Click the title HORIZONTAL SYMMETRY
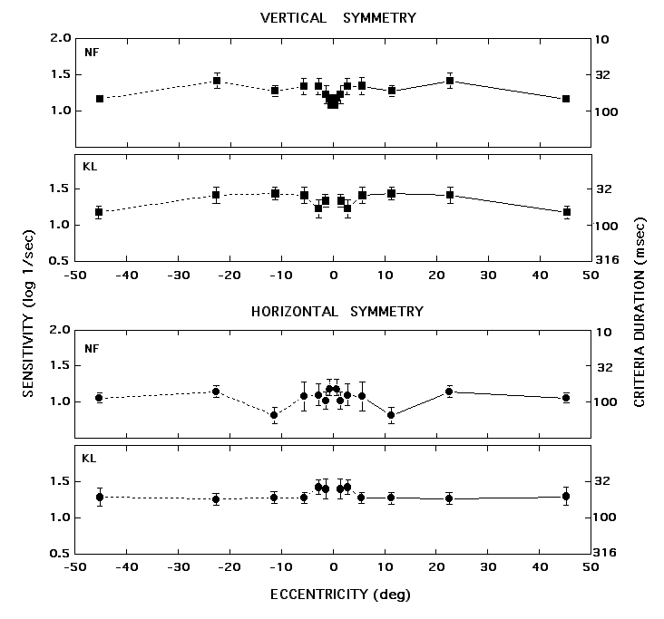337,311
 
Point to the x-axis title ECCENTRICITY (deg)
333,595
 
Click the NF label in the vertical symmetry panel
91,52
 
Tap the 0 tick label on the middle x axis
333,276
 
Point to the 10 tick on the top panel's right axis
604,39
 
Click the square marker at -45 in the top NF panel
100,99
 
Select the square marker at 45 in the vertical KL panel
566,212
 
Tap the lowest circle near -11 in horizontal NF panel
274,415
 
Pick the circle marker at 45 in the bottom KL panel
566,496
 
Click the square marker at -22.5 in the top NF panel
217,81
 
